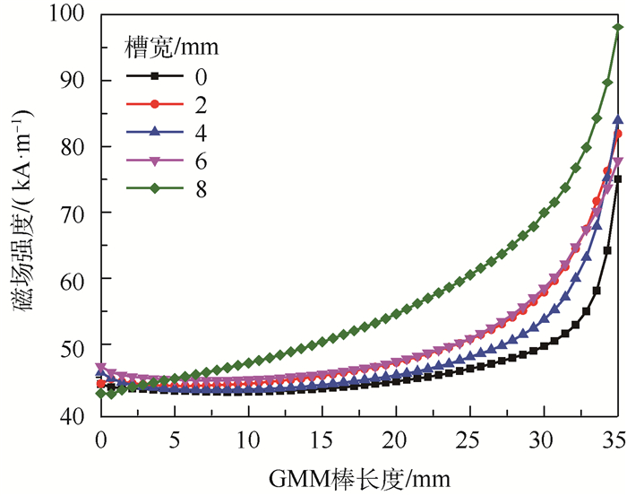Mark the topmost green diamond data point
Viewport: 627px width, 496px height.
pos(617,28)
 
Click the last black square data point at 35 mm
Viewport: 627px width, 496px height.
pos(617,179)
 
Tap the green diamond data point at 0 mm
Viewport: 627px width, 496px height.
pos(101,393)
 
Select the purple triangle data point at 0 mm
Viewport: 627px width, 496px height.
pos(101,368)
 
